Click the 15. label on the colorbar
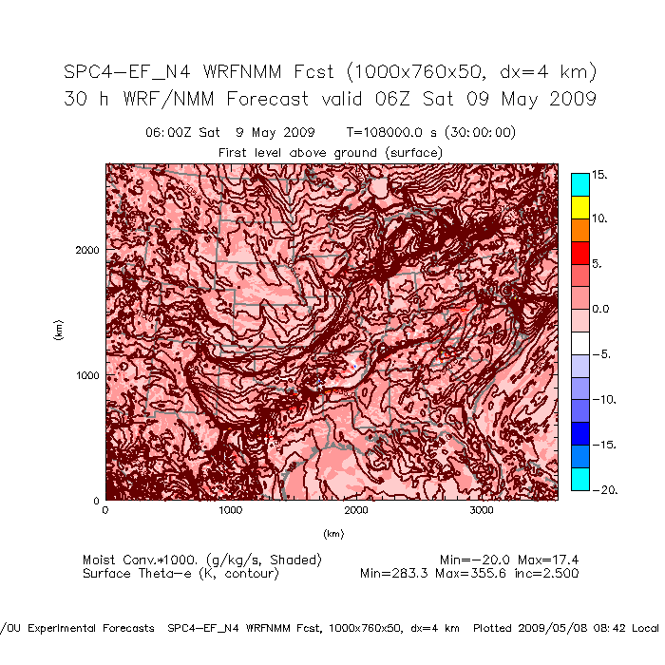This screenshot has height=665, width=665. click(599, 175)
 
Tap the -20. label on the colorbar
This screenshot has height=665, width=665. click(603, 489)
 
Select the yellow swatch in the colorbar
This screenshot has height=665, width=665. click(579, 206)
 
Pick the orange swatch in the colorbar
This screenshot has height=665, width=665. click(579, 229)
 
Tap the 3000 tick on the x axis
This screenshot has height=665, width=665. click(482, 511)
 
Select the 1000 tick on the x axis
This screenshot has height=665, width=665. click(230, 511)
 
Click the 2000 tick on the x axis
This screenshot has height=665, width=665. click(356, 511)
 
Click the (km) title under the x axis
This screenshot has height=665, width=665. click(332, 533)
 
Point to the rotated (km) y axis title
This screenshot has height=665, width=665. click(58, 331)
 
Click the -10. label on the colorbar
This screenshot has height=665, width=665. click(603, 400)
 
